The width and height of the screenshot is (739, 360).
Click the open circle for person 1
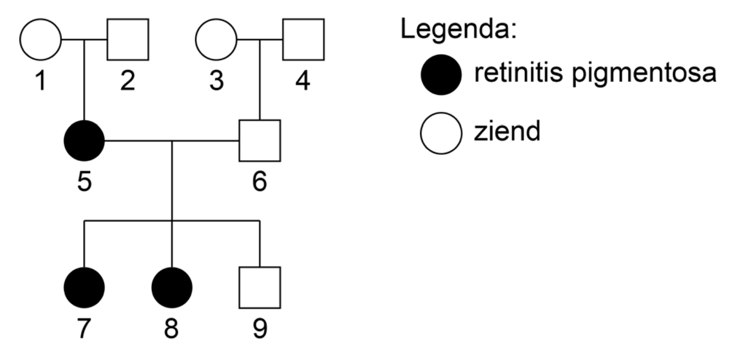[x=40, y=39]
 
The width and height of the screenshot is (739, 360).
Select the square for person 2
[x=128, y=39]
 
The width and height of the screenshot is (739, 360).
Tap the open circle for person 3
[x=216, y=39]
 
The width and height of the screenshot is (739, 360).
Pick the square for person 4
[x=303, y=39]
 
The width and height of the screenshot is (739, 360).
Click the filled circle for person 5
[x=84, y=141]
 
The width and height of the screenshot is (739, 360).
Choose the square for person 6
[x=260, y=141]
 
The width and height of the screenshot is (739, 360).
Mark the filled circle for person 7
[x=84, y=287]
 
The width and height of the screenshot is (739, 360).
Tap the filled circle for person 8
[x=172, y=287]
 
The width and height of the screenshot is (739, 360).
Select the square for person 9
[x=260, y=287]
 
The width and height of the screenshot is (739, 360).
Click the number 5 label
[x=84, y=181]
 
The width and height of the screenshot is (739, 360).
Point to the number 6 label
[x=260, y=181]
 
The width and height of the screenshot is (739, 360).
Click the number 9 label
[x=260, y=328]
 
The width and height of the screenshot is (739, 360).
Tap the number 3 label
[x=216, y=80]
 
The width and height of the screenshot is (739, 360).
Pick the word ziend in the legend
[x=507, y=131]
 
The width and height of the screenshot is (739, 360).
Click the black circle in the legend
[x=441, y=75]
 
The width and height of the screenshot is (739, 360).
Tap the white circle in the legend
[x=441, y=133]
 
